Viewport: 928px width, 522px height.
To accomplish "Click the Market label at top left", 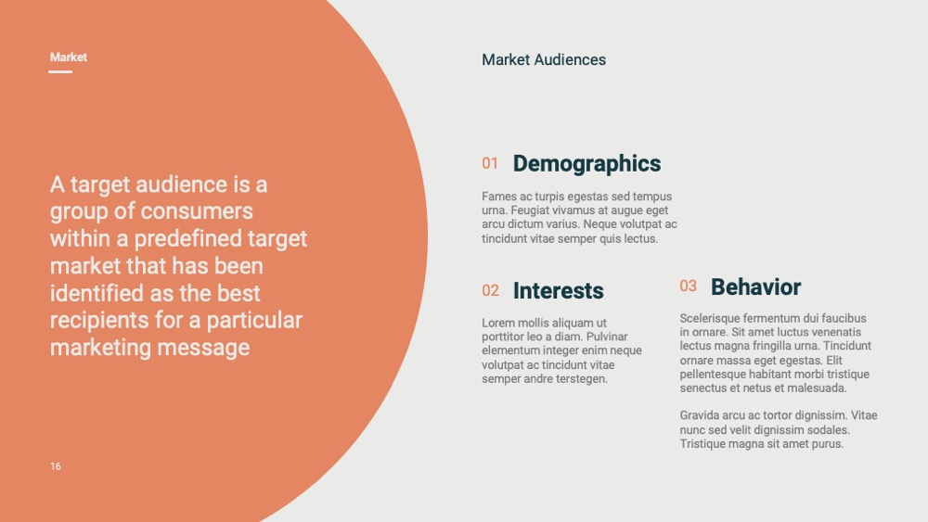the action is pos(68,57).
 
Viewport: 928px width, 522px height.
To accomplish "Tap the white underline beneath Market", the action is pos(60,71).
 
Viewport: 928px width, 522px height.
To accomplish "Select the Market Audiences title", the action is pos(543,59).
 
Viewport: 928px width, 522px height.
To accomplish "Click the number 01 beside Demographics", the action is pos(489,163).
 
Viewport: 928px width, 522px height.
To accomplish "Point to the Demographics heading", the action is pos(586,164).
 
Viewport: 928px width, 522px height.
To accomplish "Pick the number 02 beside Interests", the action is pos(490,290).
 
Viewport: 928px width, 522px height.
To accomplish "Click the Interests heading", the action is pos(558,291).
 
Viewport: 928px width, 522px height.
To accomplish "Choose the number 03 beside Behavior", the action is pos(688,286).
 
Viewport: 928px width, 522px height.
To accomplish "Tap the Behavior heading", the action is pos(755,286).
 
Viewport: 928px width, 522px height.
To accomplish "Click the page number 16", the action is pos(56,466).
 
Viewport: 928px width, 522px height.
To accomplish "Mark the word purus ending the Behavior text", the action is pos(828,444).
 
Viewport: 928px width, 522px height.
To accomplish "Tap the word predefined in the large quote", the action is pos(188,239).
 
